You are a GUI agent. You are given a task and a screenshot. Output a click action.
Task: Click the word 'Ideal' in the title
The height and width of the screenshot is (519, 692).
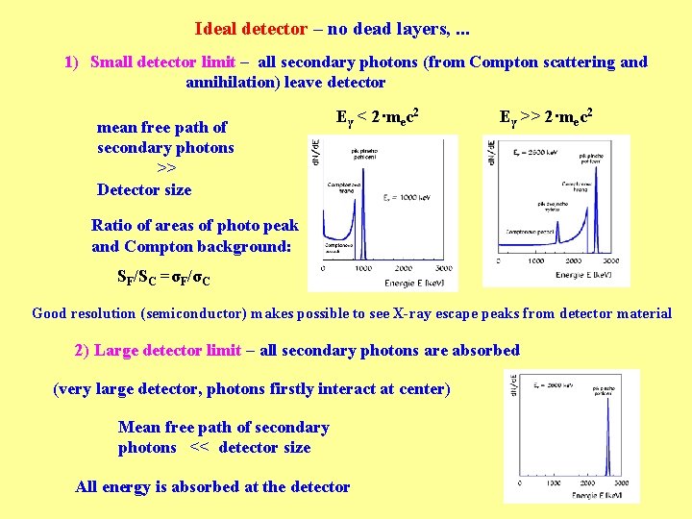pyautogui.click(x=217, y=29)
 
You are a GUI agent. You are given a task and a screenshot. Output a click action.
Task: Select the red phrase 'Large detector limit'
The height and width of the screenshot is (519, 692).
pyautogui.click(x=167, y=350)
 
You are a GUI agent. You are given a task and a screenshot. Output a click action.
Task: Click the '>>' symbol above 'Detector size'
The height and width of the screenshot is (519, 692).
pyautogui.click(x=165, y=168)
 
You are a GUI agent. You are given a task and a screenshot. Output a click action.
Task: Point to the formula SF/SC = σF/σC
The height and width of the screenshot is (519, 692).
pyautogui.click(x=163, y=279)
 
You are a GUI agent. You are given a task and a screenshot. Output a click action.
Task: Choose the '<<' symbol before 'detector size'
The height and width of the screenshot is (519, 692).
pyautogui.click(x=199, y=447)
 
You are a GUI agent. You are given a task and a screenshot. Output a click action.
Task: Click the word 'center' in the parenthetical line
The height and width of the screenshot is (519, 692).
pyautogui.click(x=418, y=389)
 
